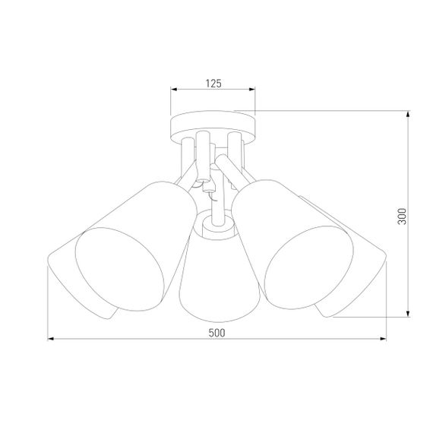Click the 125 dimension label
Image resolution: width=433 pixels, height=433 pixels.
tap(213, 84)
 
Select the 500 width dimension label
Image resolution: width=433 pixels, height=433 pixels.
tap(216, 332)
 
